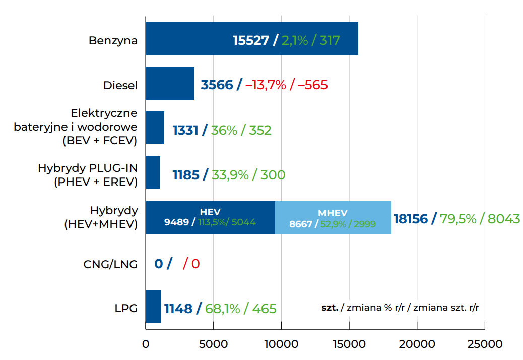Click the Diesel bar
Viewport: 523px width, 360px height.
(x=170, y=84)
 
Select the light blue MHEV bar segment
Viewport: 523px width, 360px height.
(x=333, y=217)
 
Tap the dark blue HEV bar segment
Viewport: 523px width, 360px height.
(x=210, y=217)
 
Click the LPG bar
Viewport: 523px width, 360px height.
(x=153, y=307)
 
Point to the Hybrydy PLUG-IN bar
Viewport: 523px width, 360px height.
(x=153, y=173)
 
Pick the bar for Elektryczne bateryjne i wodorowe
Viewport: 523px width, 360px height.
(x=155, y=128)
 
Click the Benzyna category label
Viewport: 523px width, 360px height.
(x=113, y=40)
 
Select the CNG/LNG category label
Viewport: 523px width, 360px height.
(x=110, y=264)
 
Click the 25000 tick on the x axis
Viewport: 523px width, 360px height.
(x=485, y=344)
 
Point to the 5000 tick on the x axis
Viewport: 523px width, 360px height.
(x=213, y=344)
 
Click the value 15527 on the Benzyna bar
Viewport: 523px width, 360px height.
(x=251, y=40)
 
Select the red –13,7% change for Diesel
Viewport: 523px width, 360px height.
(x=266, y=85)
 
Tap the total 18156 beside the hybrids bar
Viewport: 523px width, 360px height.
(x=410, y=219)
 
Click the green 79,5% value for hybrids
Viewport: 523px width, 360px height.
(x=458, y=219)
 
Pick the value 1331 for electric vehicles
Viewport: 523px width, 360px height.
(x=185, y=130)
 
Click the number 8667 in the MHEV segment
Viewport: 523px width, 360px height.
(x=301, y=224)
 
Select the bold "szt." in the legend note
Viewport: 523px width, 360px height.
(x=330, y=307)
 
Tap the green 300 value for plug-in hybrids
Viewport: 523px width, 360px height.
(x=272, y=175)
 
